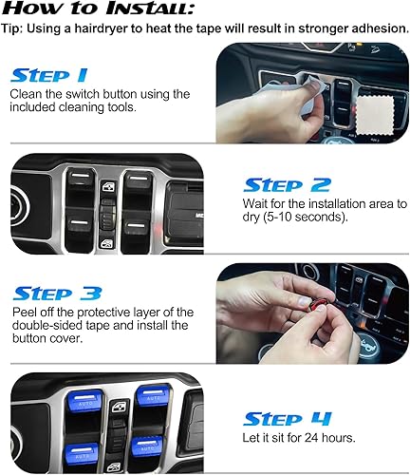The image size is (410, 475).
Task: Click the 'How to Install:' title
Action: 101,9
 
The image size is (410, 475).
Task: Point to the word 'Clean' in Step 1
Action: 28,94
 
